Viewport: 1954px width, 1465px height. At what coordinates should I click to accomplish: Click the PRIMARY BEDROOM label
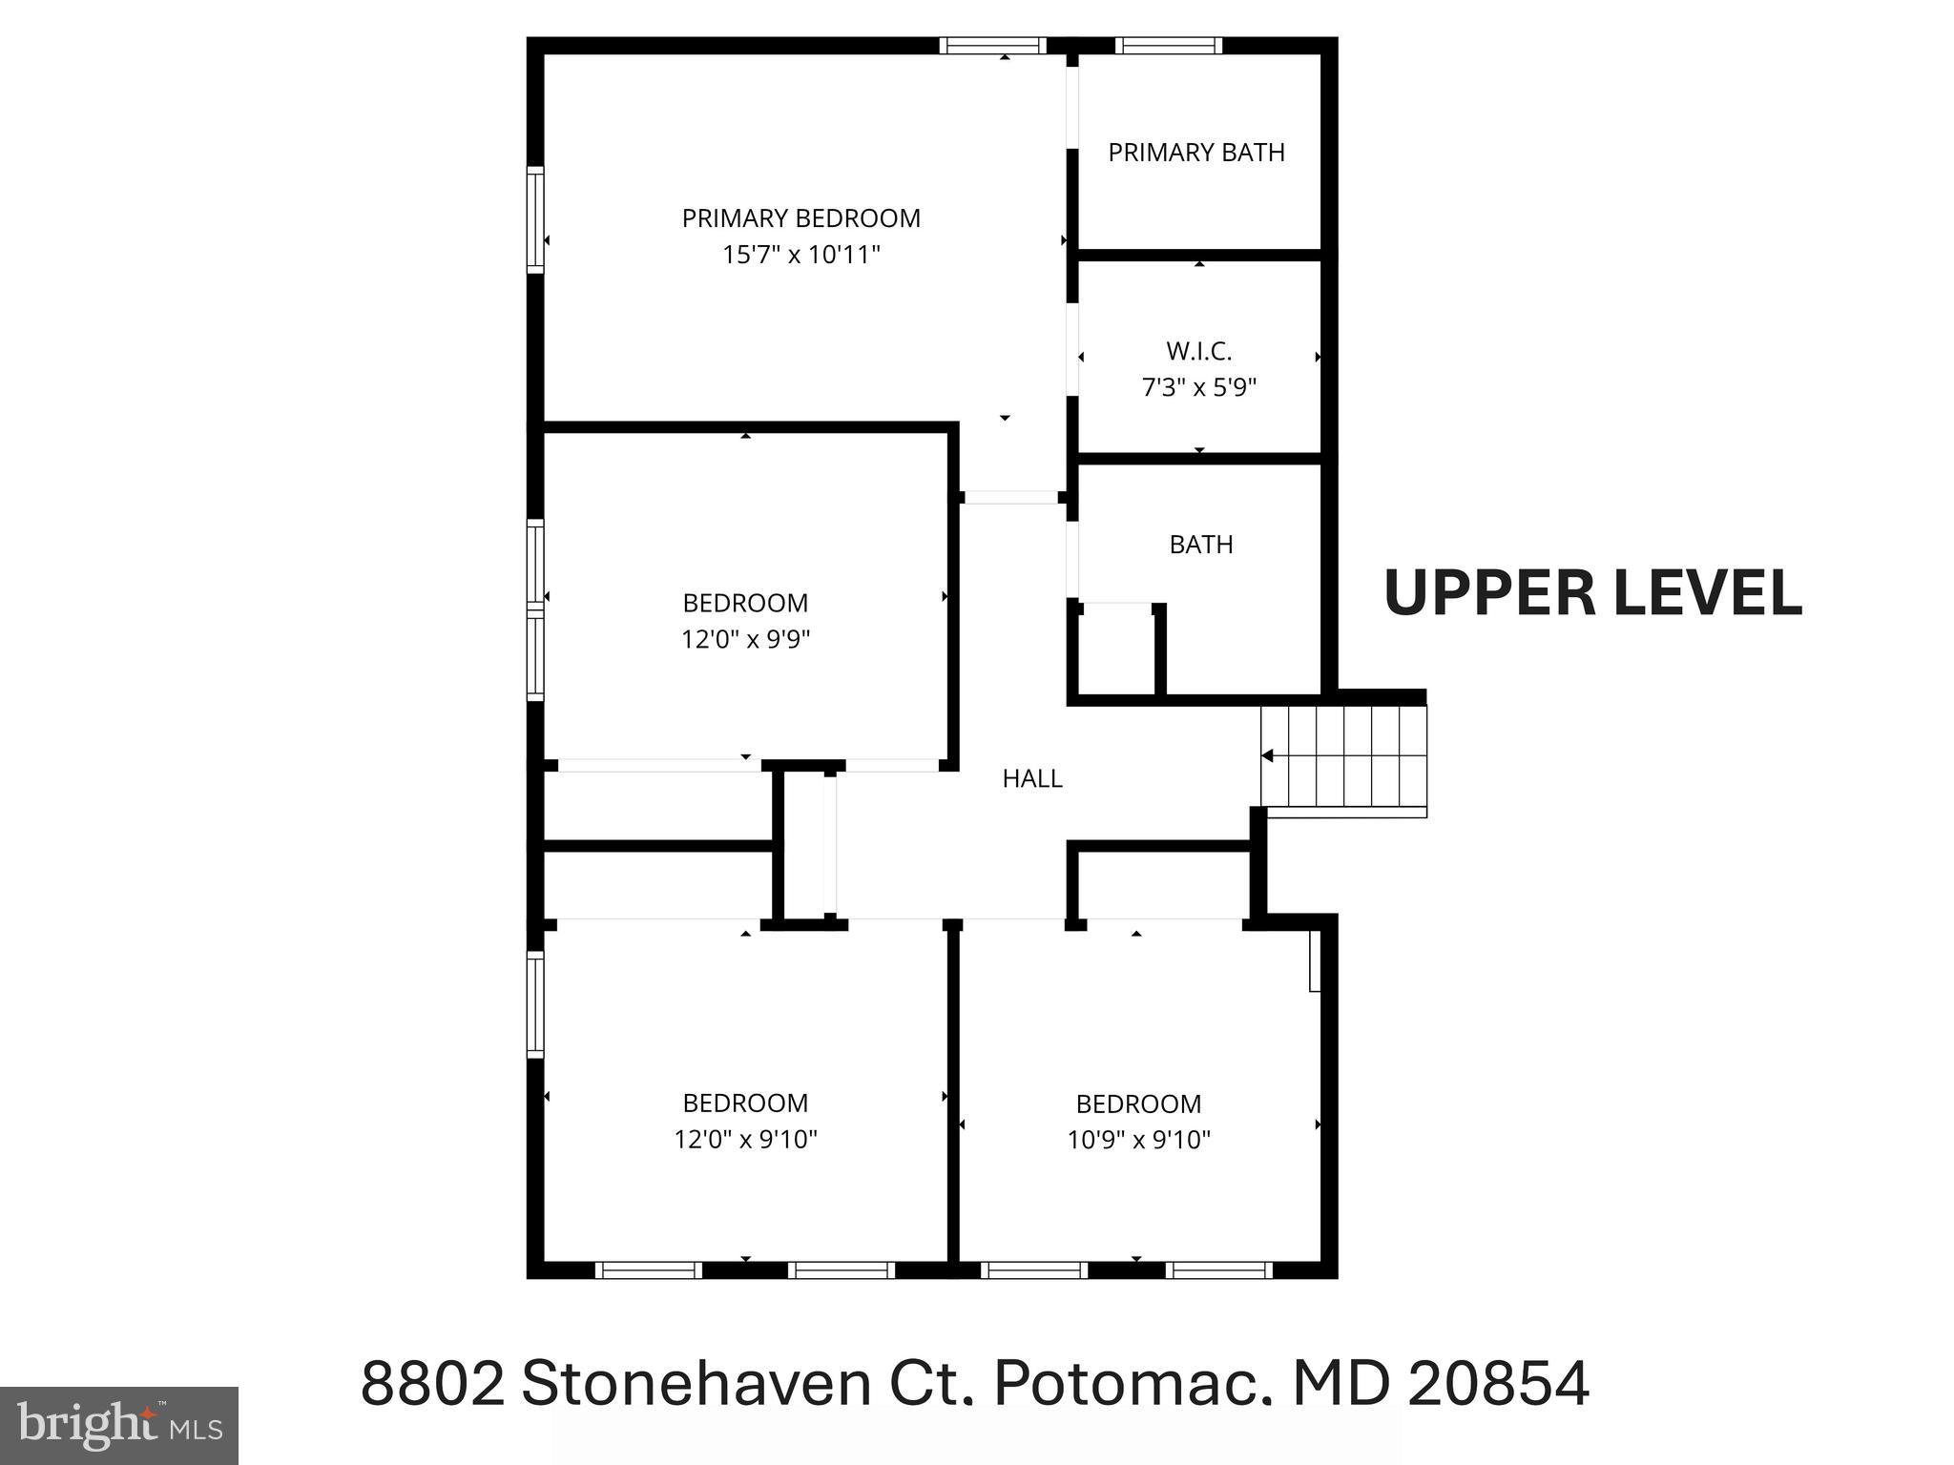click(800, 218)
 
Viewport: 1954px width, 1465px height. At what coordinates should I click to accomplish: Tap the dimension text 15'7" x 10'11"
click(800, 255)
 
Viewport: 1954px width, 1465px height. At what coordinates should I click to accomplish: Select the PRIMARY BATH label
click(1195, 153)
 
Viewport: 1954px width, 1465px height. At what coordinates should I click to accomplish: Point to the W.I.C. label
click(1198, 352)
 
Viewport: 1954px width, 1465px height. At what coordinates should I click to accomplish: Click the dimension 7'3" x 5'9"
click(1198, 387)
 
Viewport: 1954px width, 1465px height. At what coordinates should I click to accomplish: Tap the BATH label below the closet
click(1200, 545)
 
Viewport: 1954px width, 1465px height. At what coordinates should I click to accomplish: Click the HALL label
click(1031, 779)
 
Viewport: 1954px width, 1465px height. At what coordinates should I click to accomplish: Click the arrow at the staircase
click(1267, 756)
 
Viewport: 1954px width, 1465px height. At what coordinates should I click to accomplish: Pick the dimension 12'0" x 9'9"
click(745, 639)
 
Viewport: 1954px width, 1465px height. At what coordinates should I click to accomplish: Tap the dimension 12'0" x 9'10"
click(745, 1139)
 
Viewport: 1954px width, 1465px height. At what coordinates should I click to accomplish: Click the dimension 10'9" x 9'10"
click(1138, 1140)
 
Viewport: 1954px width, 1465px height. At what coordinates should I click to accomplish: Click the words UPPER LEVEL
click(1591, 593)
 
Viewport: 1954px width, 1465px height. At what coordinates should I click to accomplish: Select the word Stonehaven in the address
click(696, 1384)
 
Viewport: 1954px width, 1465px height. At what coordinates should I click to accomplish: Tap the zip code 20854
click(1498, 1384)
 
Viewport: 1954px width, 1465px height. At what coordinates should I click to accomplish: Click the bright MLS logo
click(118, 1425)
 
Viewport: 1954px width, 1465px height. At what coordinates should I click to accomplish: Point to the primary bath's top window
click(1168, 45)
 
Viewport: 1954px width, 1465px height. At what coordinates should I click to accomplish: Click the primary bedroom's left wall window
click(535, 219)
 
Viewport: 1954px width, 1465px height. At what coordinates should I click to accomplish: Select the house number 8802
click(432, 1384)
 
